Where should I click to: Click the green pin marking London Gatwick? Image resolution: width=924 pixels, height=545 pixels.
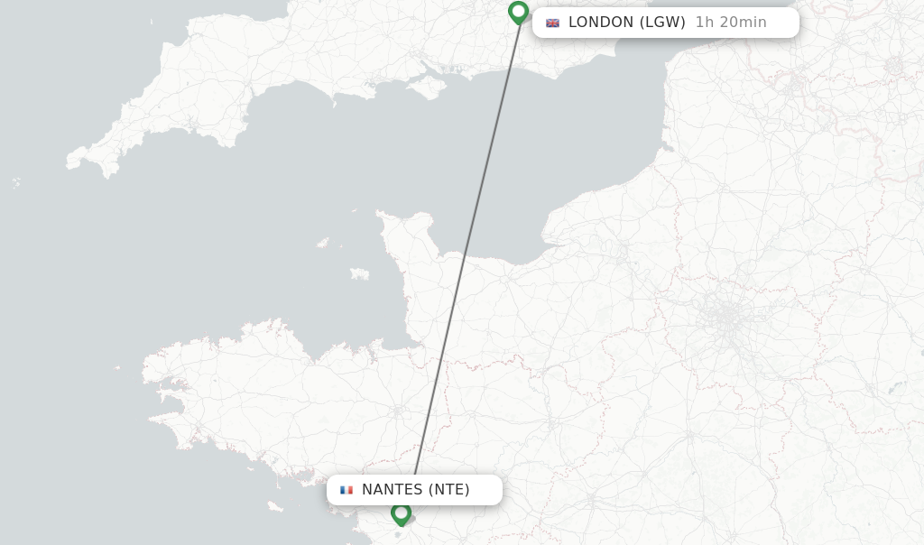(x=518, y=13)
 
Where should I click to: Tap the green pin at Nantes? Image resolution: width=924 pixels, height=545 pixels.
(x=402, y=513)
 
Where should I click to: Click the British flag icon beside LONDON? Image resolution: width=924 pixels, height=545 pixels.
(x=552, y=23)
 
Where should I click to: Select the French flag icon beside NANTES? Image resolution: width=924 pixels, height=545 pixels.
(x=346, y=490)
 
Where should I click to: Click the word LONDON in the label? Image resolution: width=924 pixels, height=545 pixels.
(x=601, y=23)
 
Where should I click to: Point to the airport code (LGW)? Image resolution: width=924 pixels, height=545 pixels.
(x=662, y=23)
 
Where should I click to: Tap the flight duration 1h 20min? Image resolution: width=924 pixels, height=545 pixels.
(x=731, y=23)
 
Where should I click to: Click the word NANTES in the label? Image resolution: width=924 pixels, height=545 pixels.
(x=392, y=490)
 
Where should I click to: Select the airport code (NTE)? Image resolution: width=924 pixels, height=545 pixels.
(x=448, y=490)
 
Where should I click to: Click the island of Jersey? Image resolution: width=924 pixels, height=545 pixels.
(x=359, y=273)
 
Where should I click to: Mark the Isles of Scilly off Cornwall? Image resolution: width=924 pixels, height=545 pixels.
(x=16, y=183)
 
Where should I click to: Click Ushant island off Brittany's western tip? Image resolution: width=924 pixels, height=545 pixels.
(x=117, y=367)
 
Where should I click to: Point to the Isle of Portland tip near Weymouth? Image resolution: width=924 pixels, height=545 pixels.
(x=369, y=93)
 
